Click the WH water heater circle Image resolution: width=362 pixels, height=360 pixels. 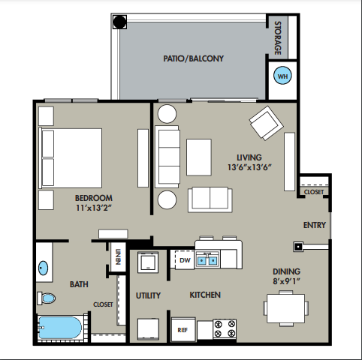(282, 75)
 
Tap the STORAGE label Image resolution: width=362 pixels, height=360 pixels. (278, 37)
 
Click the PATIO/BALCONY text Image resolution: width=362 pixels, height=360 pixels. (193, 58)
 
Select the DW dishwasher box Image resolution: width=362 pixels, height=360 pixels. (185, 259)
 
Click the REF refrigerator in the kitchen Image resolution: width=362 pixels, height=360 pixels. (183, 329)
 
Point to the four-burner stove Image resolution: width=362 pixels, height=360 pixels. (225, 328)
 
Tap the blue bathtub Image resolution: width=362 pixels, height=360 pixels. (60, 328)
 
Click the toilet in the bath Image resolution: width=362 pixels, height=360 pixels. (47, 298)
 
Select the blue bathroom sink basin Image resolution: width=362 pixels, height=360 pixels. (43, 268)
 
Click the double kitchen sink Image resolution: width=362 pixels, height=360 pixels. (207, 260)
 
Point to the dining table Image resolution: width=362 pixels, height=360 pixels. (285, 308)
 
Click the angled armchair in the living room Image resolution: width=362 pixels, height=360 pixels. (266, 123)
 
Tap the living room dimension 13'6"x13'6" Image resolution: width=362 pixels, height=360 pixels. (249, 167)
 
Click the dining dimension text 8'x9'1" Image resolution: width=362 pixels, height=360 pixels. (286, 281)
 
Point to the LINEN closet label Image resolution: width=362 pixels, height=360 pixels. (118, 256)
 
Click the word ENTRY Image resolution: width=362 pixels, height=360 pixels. (315, 225)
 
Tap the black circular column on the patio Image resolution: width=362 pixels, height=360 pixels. (119, 22)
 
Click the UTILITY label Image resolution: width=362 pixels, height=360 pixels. (148, 295)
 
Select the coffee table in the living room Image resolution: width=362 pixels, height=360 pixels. (199, 157)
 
